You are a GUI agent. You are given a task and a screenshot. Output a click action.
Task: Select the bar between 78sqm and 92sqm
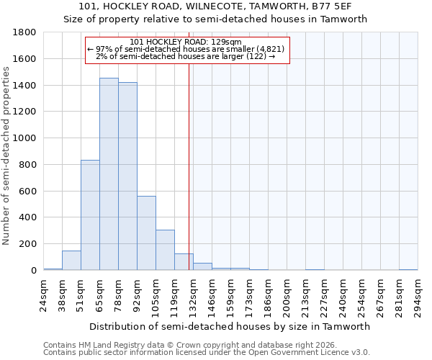point(127,176)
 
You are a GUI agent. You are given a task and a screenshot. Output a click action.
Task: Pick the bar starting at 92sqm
point(146,233)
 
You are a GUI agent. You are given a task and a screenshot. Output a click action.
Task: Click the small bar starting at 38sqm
point(71,261)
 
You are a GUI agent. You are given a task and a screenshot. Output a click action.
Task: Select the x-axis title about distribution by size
point(230,326)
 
